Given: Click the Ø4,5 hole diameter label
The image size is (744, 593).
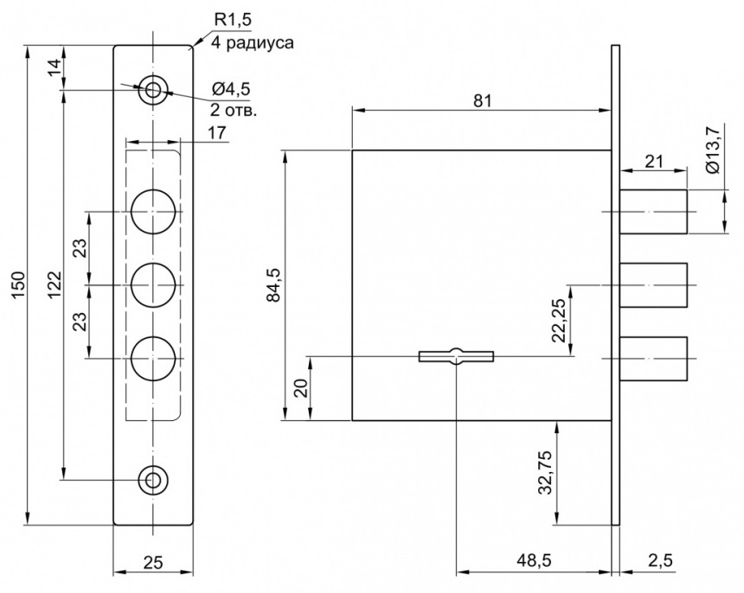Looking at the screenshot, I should point(231,89).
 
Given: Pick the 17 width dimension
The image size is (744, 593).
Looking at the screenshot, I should point(217,133).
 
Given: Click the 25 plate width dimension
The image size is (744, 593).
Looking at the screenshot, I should point(153,562).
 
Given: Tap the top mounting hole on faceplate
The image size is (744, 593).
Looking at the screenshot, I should point(154,89).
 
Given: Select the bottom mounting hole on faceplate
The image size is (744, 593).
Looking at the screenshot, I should point(154,479).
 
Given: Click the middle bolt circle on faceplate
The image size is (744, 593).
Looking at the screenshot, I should point(154,284).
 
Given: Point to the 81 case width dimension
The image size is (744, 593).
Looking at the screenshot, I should point(483,101).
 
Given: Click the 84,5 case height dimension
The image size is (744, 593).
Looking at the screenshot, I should point(275,284).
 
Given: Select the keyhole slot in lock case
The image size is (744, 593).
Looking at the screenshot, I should point(455,355).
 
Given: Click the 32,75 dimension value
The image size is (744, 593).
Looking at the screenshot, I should point(545,472).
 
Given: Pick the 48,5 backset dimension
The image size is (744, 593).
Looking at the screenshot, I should point(534,561).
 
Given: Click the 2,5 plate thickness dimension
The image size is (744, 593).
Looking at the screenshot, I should point(660,561).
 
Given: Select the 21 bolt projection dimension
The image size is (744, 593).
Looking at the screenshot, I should point(654,159).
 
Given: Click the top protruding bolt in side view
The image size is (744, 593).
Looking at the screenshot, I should point(654,211).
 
